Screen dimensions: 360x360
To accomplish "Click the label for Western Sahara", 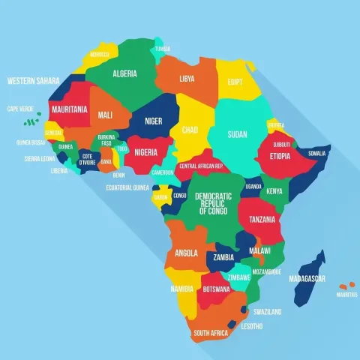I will [x=33, y=80].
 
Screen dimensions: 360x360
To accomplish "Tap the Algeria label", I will [x=124, y=74].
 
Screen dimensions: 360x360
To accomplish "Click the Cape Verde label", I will [x=19, y=109].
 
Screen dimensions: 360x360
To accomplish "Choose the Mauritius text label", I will [x=346, y=295].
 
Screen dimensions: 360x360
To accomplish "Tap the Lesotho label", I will [x=252, y=325].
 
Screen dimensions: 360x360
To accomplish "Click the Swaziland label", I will [x=268, y=311].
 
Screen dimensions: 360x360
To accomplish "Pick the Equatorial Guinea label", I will [x=127, y=187].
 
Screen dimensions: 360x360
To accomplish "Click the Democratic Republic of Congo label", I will [x=213, y=203].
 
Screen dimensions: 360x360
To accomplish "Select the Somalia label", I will [x=317, y=153].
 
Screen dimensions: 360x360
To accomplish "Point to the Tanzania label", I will [x=262, y=219].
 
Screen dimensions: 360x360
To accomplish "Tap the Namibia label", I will [x=181, y=289].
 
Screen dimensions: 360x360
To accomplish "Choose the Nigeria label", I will [x=146, y=151].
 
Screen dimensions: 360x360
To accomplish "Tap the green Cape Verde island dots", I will [x=30, y=120].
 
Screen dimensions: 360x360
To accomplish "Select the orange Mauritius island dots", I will [x=346, y=285].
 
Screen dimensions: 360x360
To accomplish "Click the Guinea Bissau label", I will [x=30, y=142].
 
